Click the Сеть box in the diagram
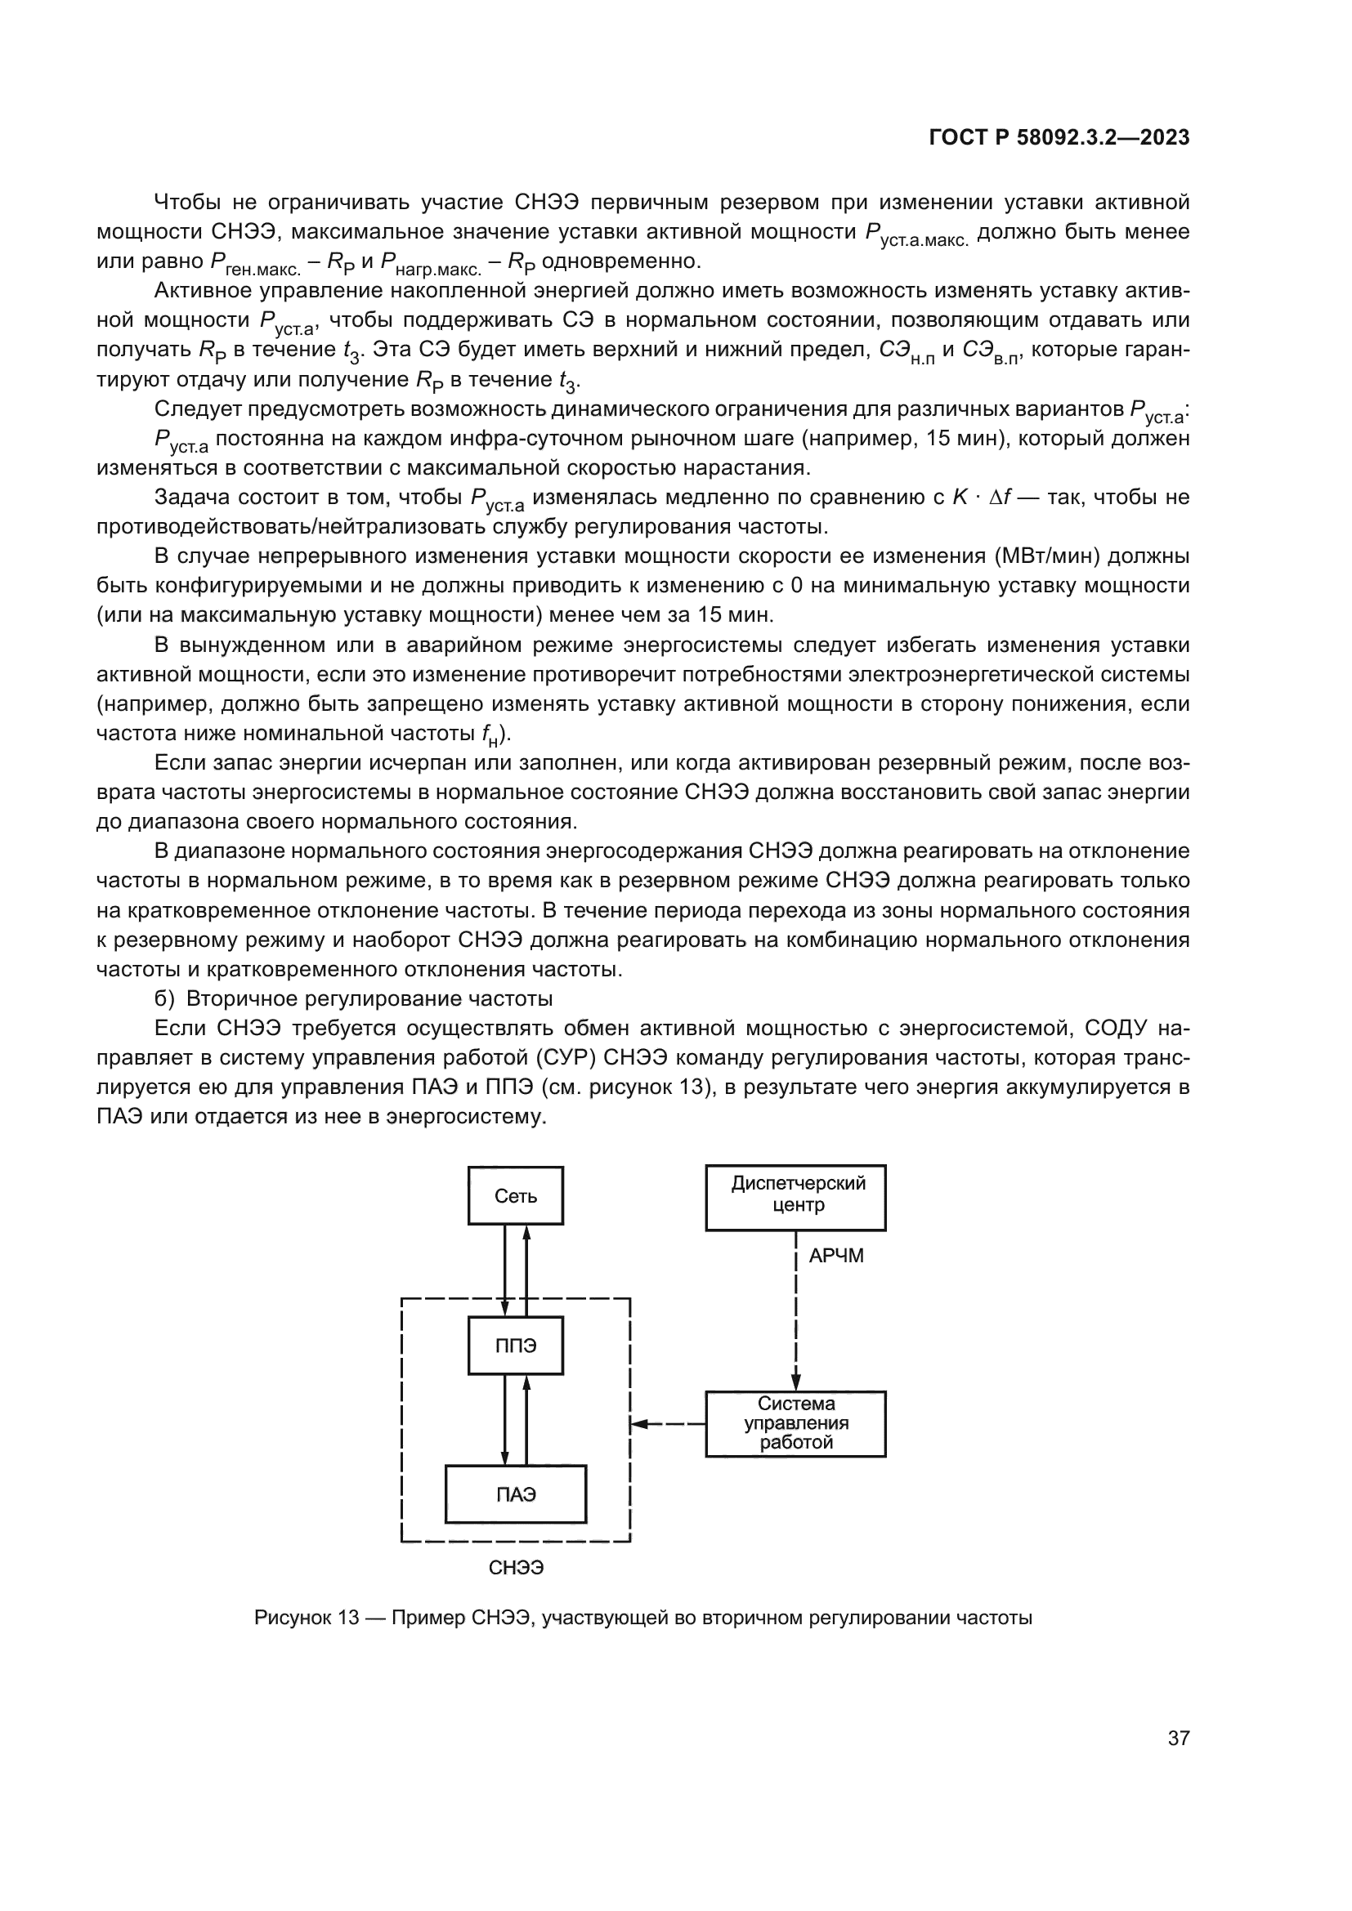515,1196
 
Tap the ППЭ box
515,1345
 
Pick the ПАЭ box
515,1494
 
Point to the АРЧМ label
836,1256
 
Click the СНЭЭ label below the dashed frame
516,1568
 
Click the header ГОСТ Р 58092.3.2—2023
1059,138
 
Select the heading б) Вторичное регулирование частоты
354,998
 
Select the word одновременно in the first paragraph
621,262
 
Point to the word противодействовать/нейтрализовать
290,527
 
